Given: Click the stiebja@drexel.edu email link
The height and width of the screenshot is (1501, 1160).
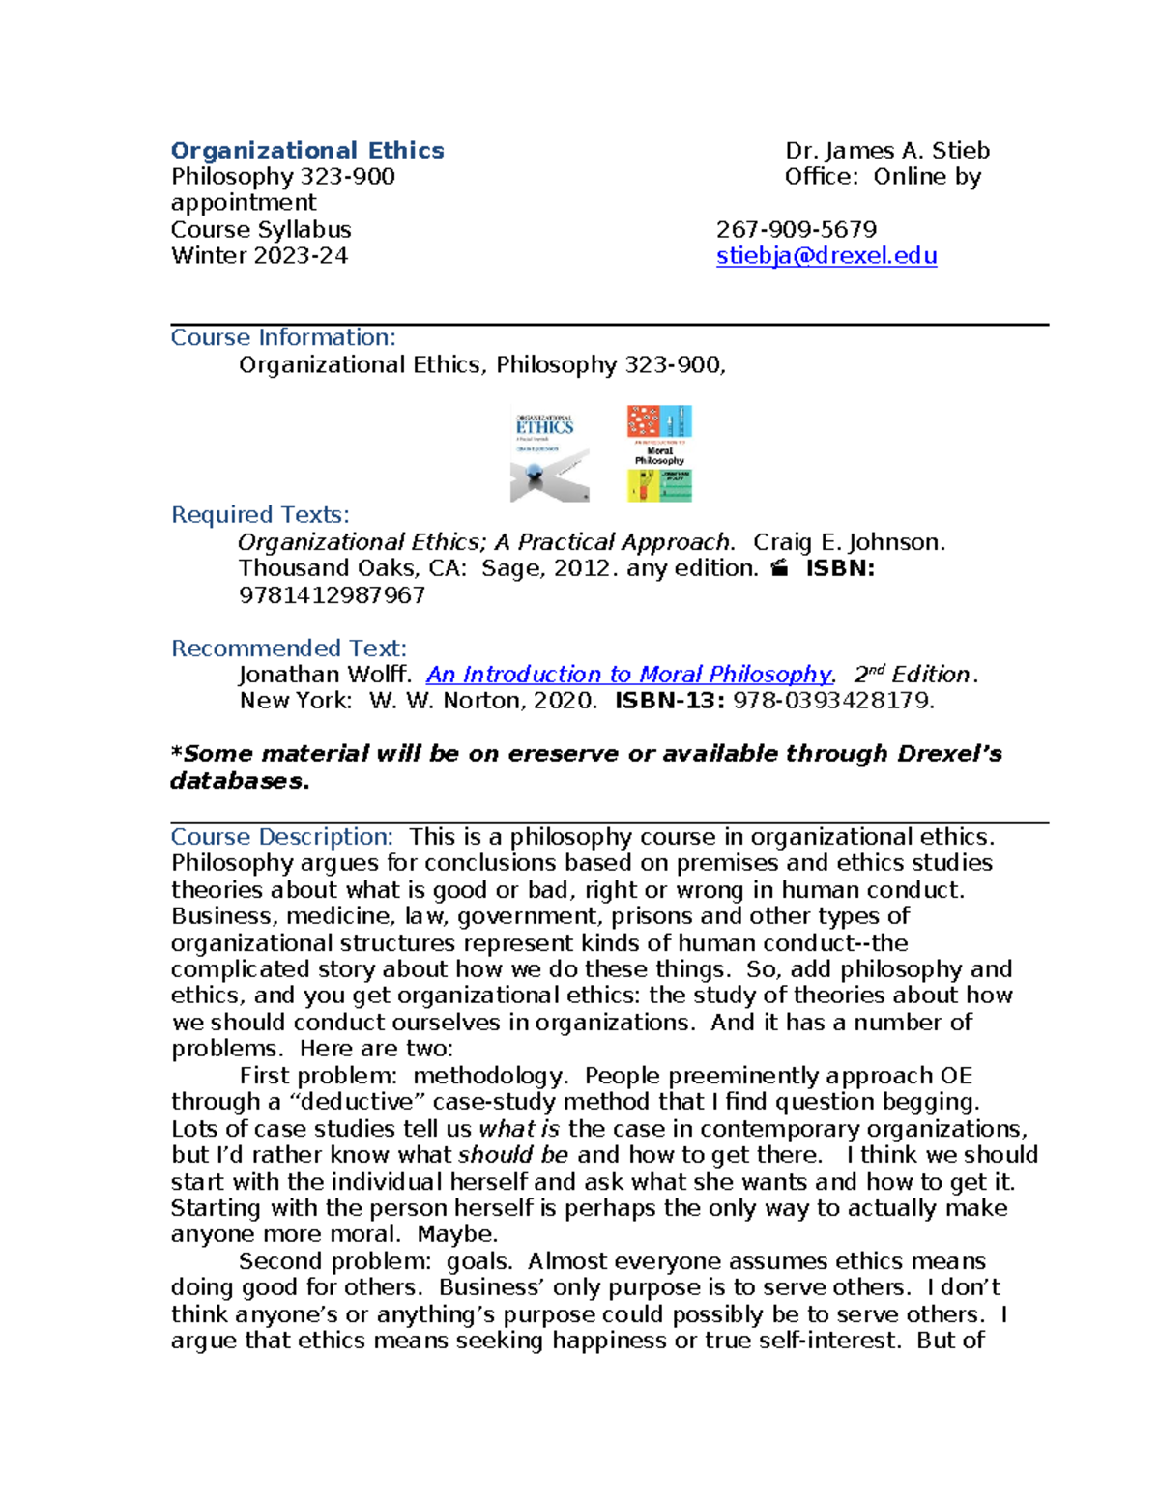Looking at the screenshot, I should [x=826, y=256].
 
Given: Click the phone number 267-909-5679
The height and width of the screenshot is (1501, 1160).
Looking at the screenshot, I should [x=796, y=230].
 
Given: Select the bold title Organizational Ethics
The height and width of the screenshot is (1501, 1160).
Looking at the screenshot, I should [x=307, y=151].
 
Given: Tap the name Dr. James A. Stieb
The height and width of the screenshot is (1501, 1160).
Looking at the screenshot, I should [x=886, y=151].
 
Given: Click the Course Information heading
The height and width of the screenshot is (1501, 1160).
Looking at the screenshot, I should [x=283, y=337].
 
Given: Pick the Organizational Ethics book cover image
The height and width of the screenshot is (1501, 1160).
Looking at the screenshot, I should [x=549, y=454].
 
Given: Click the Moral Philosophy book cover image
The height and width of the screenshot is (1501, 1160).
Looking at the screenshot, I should [x=659, y=453].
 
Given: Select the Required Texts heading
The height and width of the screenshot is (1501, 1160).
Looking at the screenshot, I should [x=260, y=515].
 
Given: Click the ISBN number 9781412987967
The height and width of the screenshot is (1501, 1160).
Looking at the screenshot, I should [x=332, y=595].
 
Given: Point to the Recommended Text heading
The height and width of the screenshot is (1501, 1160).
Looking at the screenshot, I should [x=289, y=649].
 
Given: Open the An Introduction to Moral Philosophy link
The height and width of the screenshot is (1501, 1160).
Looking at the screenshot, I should [x=628, y=675].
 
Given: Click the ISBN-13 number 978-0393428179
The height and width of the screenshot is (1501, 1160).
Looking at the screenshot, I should [x=833, y=701].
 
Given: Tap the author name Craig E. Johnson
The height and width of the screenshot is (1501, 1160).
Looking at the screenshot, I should [x=848, y=542].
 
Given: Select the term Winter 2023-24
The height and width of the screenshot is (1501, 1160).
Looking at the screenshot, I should [x=259, y=256].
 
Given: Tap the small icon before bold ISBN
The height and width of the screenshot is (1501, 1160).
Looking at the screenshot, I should [x=780, y=569].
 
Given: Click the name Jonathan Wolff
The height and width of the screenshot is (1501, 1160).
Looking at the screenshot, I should [x=325, y=675].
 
